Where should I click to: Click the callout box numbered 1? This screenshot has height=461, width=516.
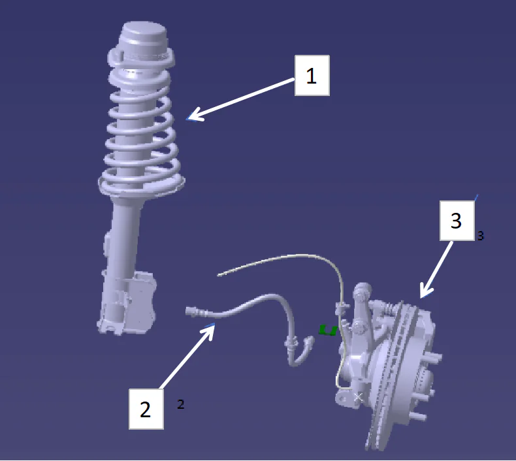coord(312,75)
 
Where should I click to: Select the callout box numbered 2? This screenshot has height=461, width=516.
coord(145,409)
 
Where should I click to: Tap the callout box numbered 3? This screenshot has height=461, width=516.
coord(456,221)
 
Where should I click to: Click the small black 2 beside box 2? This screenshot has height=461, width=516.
coord(181,405)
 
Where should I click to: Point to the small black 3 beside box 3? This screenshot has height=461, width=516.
coord(481,236)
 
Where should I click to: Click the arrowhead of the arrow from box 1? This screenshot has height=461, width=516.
coord(190,119)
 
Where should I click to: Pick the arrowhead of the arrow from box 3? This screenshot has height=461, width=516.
coord(423,296)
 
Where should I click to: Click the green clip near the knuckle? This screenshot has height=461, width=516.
coord(328,330)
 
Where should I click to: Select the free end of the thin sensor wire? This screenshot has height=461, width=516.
coord(220,275)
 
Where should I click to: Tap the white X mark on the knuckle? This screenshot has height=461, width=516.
coord(358,396)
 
